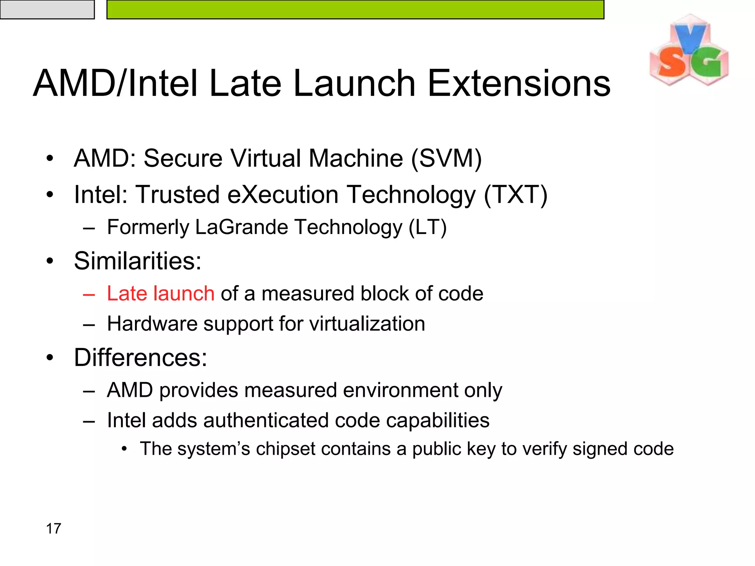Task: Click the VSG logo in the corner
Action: click(x=689, y=51)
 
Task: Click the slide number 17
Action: click(x=53, y=528)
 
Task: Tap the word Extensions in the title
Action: click(x=519, y=84)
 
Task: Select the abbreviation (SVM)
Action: click(x=446, y=159)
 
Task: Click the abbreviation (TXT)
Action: click(x=515, y=195)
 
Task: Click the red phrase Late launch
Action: click(x=161, y=294)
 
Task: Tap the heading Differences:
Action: click(x=140, y=357)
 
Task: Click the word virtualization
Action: click(x=367, y=324)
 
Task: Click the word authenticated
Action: click(x=265, y=420)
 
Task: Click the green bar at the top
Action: click(x=355, y=10)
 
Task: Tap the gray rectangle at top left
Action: click(x=47, y=10)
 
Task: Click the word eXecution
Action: click(x=283, y=195)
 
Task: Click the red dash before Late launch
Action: click(x=89, y=294)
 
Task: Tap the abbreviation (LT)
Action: click(x=427, y=227)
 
